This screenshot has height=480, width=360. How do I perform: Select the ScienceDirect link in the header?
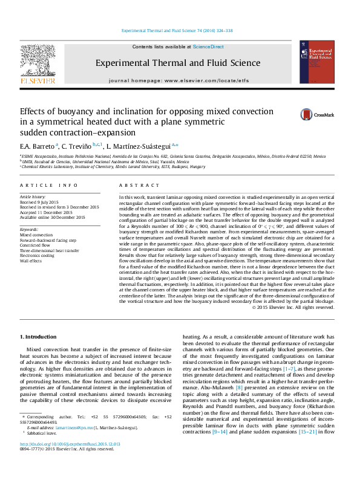[x=208, y=47]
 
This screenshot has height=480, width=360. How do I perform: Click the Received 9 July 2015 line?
[x=41, y=202]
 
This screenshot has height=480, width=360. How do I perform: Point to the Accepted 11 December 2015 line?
[x=44, y=212]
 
